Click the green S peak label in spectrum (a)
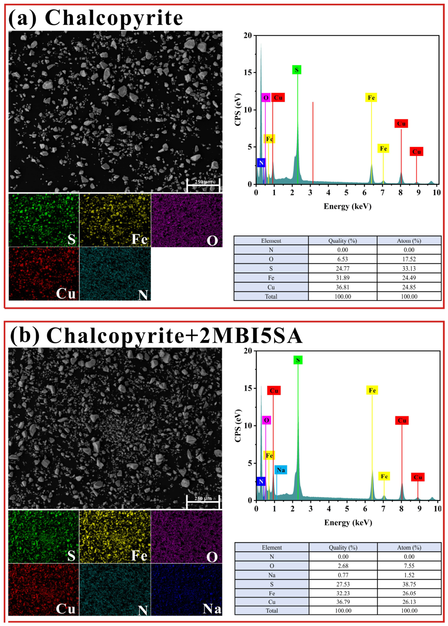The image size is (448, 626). pyautogui.click(x=297, y=70)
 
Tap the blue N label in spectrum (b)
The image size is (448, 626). pyautogui.click(x=261, y=481)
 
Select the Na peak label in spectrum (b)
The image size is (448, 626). pyautogui.click(x=281, y=470)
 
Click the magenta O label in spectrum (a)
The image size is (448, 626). pyautogui.click(x=266, y=97)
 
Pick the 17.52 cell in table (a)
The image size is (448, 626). pyautogui.click(x=409, y=259)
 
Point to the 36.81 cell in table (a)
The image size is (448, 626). pyautogui.click(x=342, y=287)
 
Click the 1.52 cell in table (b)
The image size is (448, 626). pyautogui.click(x=409, y=575)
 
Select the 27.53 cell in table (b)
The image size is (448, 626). pyautogui.click(x=343, y=584)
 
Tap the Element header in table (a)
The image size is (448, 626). pyautogui.click(x=271, y=241)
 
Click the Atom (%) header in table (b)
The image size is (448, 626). pyautogui.click(x=409, y=548)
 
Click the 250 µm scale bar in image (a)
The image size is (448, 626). pyautogui.click(x=204, y=185)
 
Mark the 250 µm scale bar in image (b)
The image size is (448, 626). pyautogui.click(x=203, y=502)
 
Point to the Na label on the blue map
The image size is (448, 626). pyautogui.click(x=212, y=609)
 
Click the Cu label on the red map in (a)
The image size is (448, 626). pyautogui.click(x=66, y=293)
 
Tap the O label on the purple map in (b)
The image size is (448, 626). pyautogui.click(x=212, y=557)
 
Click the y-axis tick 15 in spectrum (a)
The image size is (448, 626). pyautogui.click(x=248, y=72)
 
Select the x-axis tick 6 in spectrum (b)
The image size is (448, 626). pyautogui.click(x=365, y=509)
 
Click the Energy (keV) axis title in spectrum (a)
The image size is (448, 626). pyautogui.click(x=347, y=206)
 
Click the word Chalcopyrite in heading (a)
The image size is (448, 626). pyautogui.click(x=114, y=18)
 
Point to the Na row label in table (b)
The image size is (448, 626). pyautogui.click(x=272, y=575)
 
